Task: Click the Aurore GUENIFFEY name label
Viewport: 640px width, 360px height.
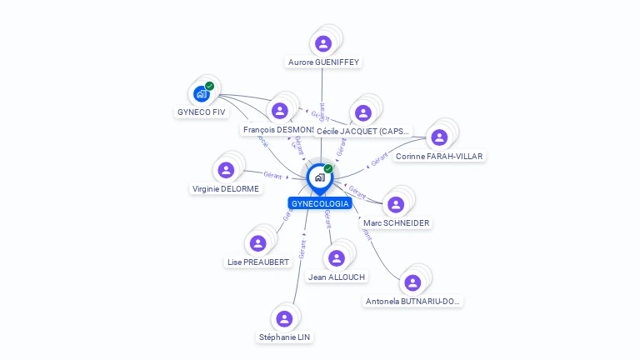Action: click(x=323, y=62)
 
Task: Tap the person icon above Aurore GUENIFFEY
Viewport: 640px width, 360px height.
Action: click(x=323, y=43)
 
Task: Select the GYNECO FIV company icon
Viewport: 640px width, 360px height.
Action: click(x=202, y=93)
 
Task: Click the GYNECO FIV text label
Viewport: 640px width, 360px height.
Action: click(x=202, y=112)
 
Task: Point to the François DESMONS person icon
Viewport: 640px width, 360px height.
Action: click(x=280, y=110)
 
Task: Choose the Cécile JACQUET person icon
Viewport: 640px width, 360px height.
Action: click(x=362, y=112)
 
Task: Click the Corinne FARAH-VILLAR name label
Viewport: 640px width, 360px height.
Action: click(x=438, y=156)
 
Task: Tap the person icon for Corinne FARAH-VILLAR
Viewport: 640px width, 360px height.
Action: click(x=438, y=137)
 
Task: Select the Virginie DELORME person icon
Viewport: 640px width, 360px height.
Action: click(x=226, y=170)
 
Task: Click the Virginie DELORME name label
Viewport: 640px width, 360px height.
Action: click(x=226, y=189)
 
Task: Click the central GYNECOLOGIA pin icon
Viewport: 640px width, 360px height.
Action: click(x=319, y=177)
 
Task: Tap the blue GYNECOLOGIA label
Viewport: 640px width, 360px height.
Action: click(x=319, y=203)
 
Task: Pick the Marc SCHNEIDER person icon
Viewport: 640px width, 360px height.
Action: click(x=396, y=204)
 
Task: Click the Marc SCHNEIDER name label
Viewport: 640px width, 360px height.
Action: click(x=396, y=223)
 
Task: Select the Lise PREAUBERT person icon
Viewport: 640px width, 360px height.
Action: click(x=257, y=243)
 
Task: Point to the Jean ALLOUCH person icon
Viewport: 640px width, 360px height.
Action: click(x=336, y=258)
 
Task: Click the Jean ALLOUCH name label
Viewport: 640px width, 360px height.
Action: click(x=336, y=277)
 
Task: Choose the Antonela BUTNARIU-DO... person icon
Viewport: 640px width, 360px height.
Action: click(x=412, y=282)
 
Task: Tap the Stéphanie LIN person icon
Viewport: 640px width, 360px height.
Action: click(x=284, y=318)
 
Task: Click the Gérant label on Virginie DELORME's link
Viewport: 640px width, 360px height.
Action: click(x=272, y=174)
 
